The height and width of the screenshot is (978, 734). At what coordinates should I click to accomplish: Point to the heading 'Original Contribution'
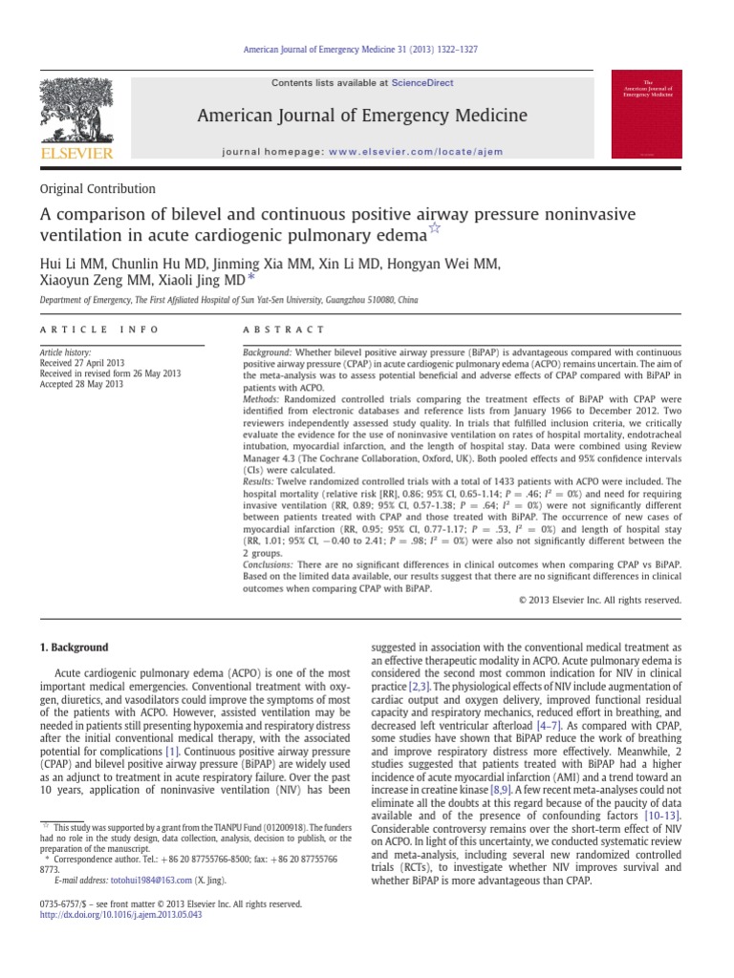pos(97,189)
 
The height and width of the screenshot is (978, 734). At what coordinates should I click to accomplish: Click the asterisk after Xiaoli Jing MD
pos(251,279)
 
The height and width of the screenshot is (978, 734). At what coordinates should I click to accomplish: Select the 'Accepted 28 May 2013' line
pos(82,385)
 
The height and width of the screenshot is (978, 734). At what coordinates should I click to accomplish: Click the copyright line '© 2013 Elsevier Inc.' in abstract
pos(599,601)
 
